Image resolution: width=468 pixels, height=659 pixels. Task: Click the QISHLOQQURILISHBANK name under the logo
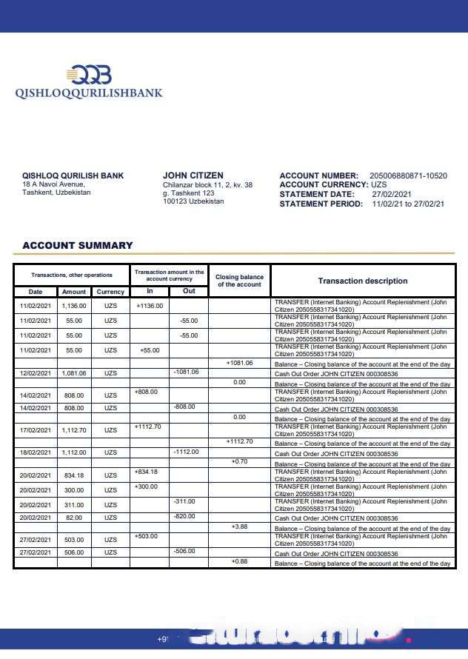[x=89, y=93]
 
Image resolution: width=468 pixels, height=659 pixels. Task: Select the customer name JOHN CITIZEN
[x=193, y=175]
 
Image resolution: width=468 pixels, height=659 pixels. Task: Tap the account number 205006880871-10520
[x=408, y=175]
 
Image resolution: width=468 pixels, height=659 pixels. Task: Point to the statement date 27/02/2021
[x=392, y=194]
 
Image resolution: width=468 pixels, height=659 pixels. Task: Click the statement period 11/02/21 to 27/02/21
[x=408, y=204]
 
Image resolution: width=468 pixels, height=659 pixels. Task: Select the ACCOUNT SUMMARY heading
[x=78, y=245]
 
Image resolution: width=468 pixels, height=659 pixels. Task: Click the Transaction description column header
[x=363, y=281]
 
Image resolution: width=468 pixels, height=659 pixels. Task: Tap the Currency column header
[x=110, y=292]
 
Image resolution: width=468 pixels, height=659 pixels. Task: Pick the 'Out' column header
[x=189, y=291]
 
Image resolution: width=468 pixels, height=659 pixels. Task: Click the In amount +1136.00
[x=150, y=304]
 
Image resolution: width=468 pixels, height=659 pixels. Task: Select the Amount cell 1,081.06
[x=74, y=373]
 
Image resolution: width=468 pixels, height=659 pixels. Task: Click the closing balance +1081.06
[x=239, y=363]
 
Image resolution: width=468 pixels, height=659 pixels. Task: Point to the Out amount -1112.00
[x=186, y=451]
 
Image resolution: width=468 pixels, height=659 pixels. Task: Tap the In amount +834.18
[x=147, y=472]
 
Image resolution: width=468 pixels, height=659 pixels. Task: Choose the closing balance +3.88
[x=239, y=526]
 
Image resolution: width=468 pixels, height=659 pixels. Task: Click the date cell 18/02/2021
[x=35, y=452]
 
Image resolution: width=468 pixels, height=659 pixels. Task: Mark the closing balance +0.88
[x=239, y=561]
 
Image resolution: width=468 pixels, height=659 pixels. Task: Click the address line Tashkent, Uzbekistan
[x=56, y=193]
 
